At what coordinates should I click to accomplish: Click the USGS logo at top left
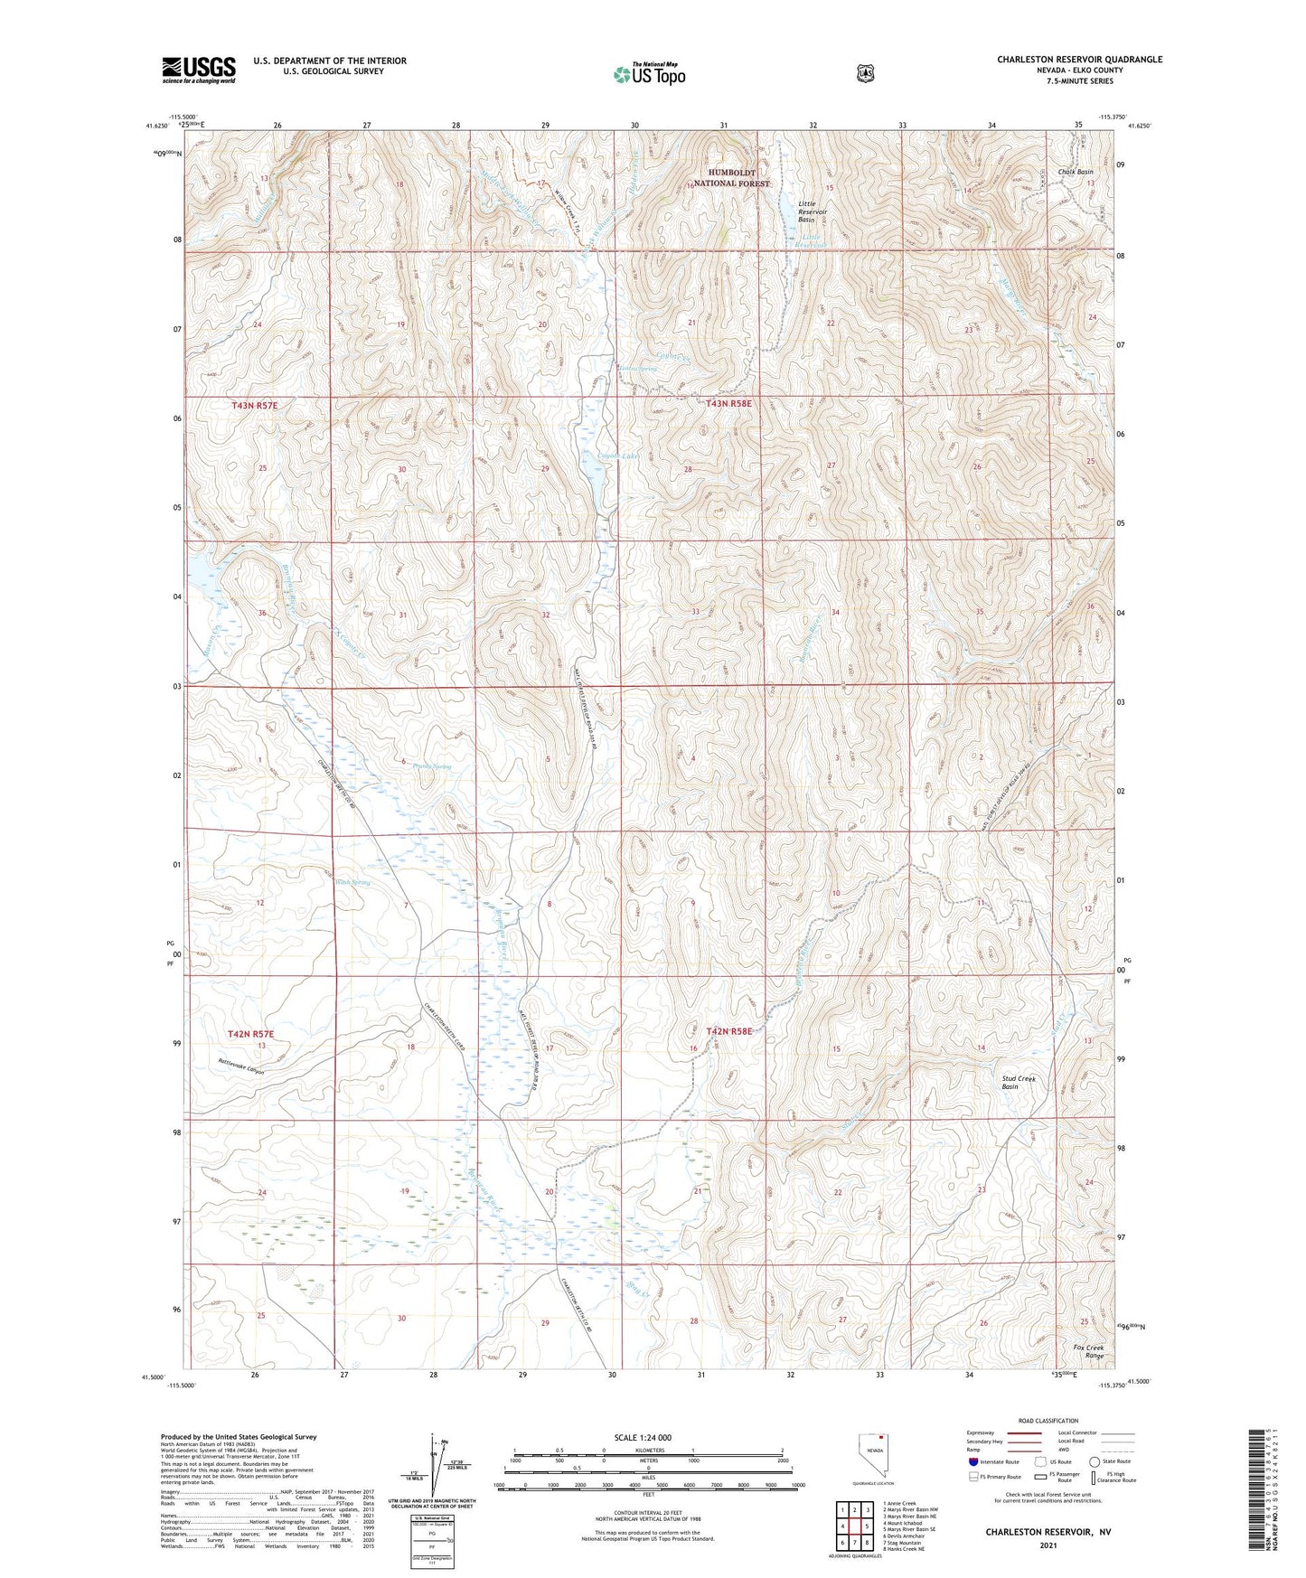click(x=198, y=70)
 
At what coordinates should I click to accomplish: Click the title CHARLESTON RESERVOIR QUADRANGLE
click(x=1079, y=60)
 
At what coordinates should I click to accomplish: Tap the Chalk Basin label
click(x=1076, y=172)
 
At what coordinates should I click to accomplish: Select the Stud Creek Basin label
click(x=1018, y=1082)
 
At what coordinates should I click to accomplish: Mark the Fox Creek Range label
click(x=1088, y=1352)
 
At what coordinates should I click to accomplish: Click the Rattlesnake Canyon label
click(x=241, y=1066)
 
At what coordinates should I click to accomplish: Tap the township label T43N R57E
click(x=254, y=406)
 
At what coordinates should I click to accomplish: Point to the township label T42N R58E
click(x=728, y=1031)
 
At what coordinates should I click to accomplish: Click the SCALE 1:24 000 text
click(x=643, y=1437)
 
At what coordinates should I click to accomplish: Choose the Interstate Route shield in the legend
click(x=972, y=1461)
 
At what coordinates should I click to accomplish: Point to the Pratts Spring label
click(x=431, y=766)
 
